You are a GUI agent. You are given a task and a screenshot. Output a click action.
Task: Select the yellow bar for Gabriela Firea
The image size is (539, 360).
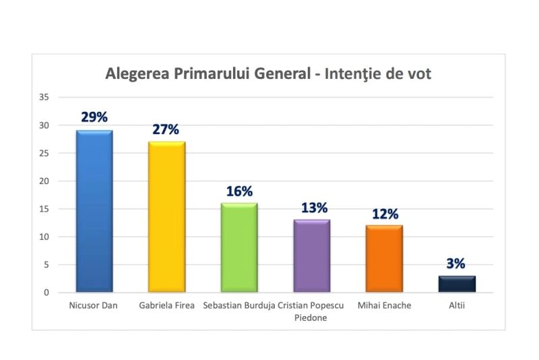pos(167,216)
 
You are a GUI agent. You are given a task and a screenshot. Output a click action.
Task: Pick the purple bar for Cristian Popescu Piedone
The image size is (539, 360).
pos(311,256)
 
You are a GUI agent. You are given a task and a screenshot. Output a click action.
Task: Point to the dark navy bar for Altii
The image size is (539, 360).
pos(457,284)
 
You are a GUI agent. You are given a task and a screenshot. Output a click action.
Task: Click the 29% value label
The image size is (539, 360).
pos(94,117)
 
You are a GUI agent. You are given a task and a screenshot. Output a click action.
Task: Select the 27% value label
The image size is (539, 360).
pos(166,129)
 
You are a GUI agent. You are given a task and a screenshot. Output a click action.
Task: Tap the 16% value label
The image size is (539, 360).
pos(239,191)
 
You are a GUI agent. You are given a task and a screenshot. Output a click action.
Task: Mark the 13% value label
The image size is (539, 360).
pos(311,207)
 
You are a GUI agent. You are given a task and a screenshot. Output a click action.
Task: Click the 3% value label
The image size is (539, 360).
pos(456,264)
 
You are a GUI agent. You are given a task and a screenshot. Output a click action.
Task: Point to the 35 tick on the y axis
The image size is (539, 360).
pos(44,97)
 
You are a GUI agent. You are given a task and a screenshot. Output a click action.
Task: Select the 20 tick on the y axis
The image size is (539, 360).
pos(44,181)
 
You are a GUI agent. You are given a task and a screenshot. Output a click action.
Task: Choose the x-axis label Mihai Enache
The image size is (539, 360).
pos(385,305)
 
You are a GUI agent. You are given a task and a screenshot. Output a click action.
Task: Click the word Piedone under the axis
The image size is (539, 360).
pos(311,318)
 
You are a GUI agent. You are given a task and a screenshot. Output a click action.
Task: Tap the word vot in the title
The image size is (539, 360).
pos(418,73)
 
